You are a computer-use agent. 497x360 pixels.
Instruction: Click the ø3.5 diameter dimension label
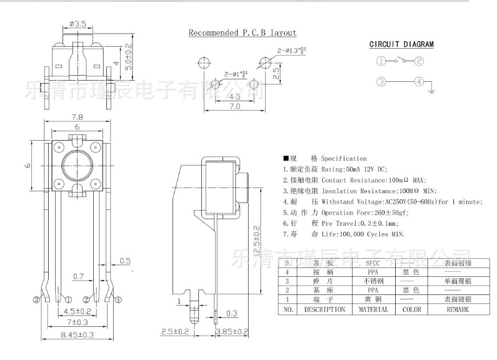click(78, 23)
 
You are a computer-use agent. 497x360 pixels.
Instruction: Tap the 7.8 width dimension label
click(78, 117)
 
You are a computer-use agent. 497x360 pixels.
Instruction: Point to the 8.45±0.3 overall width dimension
click(78, 335)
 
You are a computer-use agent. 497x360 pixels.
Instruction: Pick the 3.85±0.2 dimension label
click(231, 332)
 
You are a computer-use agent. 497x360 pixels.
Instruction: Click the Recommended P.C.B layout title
click(243, 32)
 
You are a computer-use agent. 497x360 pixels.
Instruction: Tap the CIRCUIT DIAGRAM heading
click(401, 44)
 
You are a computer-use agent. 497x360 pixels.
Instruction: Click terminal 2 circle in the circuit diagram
click(419, 61)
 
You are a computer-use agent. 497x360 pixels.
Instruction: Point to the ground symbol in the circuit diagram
click(431, 91)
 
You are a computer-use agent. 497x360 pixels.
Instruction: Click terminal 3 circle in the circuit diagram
click(381, 82)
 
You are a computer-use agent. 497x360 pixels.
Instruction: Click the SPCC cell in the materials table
click(372, 263)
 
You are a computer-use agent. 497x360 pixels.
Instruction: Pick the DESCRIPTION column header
click(324, 309)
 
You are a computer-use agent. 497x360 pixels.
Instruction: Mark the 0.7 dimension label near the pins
click(79, 275)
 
